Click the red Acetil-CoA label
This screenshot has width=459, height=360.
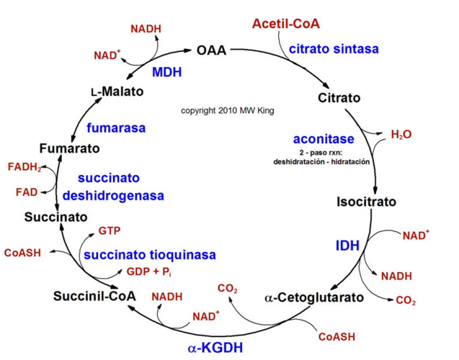(x=286, y=24)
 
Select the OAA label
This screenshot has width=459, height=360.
(x=211, y=50)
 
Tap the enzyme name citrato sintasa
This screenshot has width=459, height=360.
(x=334, y=49)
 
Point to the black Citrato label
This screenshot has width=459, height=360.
(x=339, y=97)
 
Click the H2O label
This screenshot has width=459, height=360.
(x=401, y=135)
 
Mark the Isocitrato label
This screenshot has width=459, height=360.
(x=366, y=202)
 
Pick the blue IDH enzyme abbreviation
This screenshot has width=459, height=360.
(x=347, y=246)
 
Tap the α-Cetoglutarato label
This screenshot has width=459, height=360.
(x=314, y=297)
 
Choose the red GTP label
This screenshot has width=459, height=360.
(x=109, y=231)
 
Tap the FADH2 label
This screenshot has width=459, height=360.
(x=24, y=167)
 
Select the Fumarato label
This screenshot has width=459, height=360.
(x=69, y=148)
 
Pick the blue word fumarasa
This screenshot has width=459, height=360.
(x=116, y=128)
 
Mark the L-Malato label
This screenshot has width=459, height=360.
(x=117, y=92)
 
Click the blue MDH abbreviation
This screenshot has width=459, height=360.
(x=166, y=72)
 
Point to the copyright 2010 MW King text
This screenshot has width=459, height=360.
(x=228, y=111)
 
